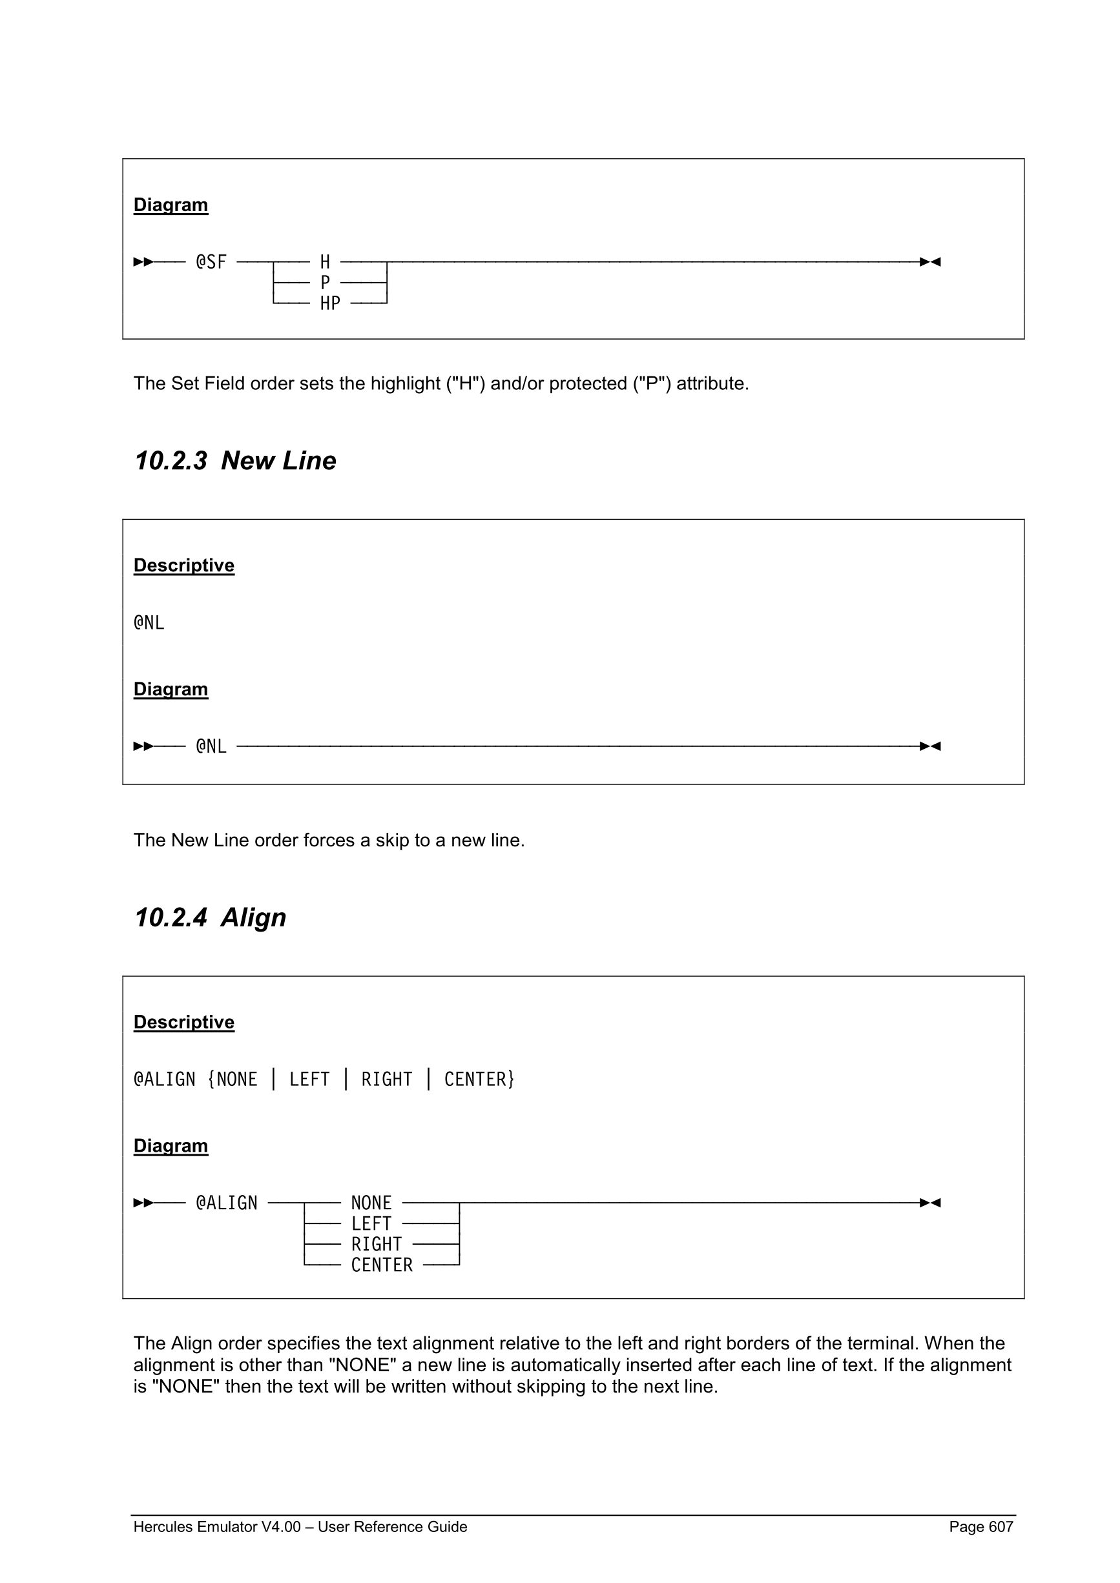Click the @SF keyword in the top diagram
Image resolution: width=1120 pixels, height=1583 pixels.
click(211, 262)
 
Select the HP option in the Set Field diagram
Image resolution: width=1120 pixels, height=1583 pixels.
click(329, 303)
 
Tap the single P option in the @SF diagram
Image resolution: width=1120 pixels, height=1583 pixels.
click(325, 283)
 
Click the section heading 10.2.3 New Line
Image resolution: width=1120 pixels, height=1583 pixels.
click(235, 460)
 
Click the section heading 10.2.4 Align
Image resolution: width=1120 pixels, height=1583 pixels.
click(210, 917)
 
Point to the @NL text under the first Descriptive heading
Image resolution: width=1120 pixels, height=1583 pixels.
click(149, 622)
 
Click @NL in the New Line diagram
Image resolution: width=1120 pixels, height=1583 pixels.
click(211, 746)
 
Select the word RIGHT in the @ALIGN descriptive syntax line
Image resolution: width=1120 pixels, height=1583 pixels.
click(386, 1079)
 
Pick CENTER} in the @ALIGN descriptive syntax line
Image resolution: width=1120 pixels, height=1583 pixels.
click(479, 1079)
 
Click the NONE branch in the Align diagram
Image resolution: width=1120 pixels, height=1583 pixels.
click(371, 1203)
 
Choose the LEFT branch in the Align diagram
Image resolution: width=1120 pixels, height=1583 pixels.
click(371, 1224)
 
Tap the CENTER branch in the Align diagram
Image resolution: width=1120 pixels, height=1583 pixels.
click(381, 1265)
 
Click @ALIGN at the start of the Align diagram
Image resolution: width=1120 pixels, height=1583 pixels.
click(226, 1203)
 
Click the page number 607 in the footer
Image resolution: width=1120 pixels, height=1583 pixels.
click(1000, 1526)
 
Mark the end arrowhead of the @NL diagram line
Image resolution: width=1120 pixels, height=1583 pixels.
click(930, 746)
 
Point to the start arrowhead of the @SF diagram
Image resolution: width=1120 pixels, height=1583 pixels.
click(143, 262)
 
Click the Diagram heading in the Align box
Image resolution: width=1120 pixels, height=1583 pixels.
click(171, 1145)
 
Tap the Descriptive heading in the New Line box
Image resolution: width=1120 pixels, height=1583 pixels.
click(183, 566)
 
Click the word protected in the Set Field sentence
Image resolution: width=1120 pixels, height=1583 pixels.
click(588, 383)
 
